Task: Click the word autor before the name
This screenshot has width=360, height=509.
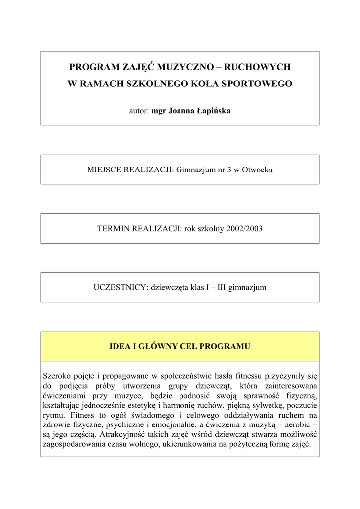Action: (139, 110)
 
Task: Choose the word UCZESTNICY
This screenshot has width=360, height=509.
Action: (119, 288)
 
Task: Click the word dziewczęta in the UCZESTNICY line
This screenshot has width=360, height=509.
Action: (169, 288)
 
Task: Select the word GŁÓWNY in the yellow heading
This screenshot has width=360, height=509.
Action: (156, 346)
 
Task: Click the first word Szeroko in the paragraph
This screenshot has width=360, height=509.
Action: (58, 376)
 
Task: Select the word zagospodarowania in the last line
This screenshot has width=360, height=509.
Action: (75, 443)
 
